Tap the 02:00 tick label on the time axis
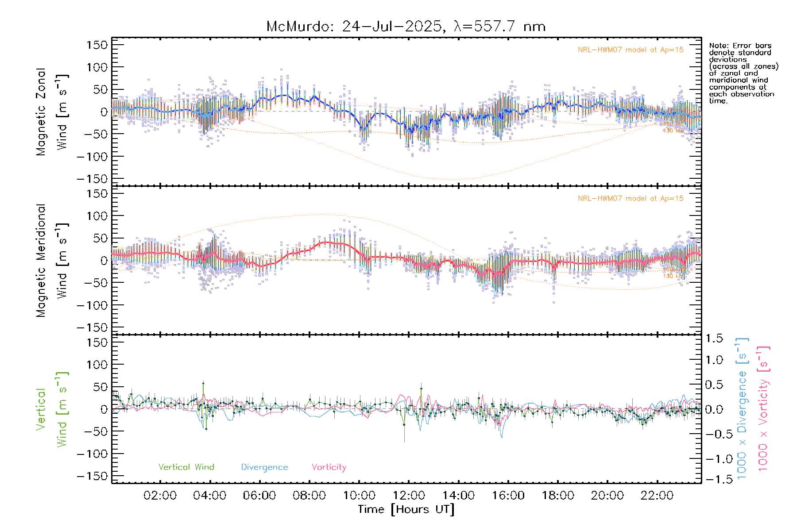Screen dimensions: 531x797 (160, 496)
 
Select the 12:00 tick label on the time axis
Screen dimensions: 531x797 (409, 496)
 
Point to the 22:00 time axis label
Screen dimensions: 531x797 (657, 496)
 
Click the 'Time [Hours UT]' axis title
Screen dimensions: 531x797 (406, 510)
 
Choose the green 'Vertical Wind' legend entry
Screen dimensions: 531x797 (186, 467)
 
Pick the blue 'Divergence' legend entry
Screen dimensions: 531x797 (264, 467)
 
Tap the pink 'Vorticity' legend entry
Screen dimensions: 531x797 (329, 467)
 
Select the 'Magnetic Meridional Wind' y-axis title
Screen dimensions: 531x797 (52, 261)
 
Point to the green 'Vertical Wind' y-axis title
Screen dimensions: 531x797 (52, 409)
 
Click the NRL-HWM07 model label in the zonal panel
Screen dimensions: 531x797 (631, 50)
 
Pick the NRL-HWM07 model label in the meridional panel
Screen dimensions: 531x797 (631, 199)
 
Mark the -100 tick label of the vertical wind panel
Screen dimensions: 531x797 (93, 454)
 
